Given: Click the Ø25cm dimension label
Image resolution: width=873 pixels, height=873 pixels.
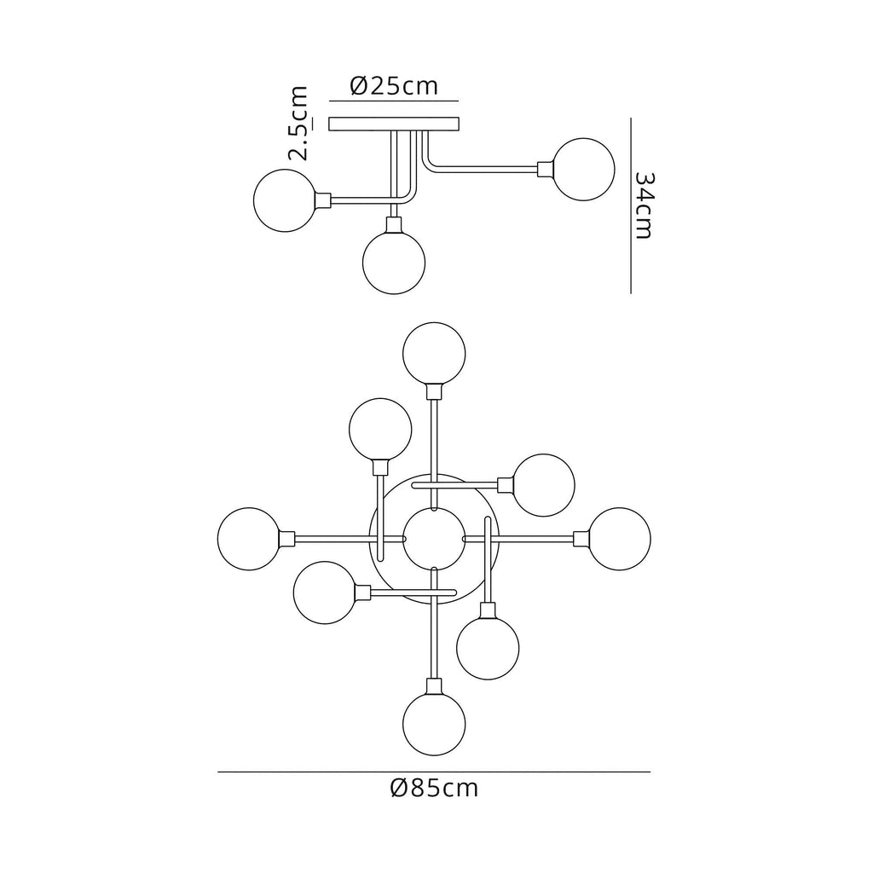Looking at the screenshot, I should click(x=394, y=86).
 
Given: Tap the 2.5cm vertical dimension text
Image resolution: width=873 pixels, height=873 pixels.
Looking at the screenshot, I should click(x=298, y=124).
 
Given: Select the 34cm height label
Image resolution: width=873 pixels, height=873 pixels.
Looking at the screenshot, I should click(x=645, y=205).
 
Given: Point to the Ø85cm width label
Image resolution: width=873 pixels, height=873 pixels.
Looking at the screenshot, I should click(x=434, y=788).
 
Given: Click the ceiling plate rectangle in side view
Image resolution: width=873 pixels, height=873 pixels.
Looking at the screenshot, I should click(x=394, y=124).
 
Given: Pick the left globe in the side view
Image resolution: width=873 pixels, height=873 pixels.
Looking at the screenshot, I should click(x=285, y=200).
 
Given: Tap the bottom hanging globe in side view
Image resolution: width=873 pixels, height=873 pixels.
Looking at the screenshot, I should click(x=393, y=262).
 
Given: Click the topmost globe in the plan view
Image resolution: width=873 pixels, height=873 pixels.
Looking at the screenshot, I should click(x=434, y=353).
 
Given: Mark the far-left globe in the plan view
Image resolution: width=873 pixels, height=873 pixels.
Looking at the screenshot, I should click(x=248, y=539).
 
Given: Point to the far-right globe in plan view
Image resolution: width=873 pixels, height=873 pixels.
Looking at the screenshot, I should click(x=621, y=539).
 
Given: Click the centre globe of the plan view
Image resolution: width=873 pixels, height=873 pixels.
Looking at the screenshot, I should click(x=434, y=539).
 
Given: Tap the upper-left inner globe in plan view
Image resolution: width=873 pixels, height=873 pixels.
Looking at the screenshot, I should click(x=380, y=429).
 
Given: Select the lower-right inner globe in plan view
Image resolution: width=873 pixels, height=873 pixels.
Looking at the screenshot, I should click(x=488, y=648).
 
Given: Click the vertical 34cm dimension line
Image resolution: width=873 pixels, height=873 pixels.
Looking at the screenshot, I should click(x=630, y=205).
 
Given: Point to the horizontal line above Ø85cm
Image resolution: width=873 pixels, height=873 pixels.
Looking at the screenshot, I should click(x=434, y=772).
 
